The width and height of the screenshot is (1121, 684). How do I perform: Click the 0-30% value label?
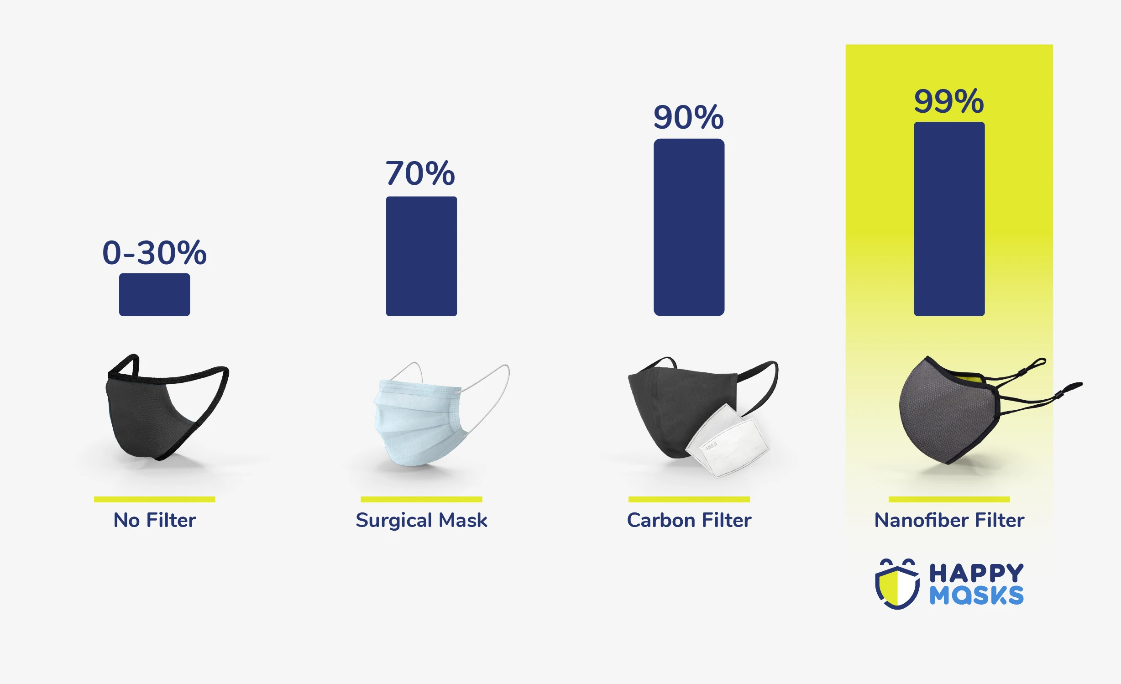tap(154, 253)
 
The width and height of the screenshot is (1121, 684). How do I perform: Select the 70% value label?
tap(420, 173)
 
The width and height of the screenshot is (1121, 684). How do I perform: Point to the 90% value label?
tap(688, 117)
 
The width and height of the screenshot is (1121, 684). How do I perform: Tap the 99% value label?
tap(949, 101)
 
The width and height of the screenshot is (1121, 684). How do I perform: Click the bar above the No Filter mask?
tap(154, 294)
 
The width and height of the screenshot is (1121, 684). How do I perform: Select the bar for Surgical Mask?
tap(421, 256)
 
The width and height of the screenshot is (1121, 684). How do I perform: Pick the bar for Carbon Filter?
tap(689, 227)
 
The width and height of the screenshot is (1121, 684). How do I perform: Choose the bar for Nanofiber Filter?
tap(949, 219)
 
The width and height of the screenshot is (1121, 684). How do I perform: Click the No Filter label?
tap(155, 520)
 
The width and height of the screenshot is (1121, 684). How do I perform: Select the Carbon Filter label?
tap(689, 520)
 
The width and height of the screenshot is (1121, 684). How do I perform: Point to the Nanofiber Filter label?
tap(949, 520)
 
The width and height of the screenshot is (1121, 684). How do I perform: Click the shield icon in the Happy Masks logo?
tap(897, 584)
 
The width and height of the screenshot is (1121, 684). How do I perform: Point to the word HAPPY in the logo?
tap(976, 573)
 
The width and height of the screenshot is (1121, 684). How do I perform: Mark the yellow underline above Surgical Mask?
tap(421, 499)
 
